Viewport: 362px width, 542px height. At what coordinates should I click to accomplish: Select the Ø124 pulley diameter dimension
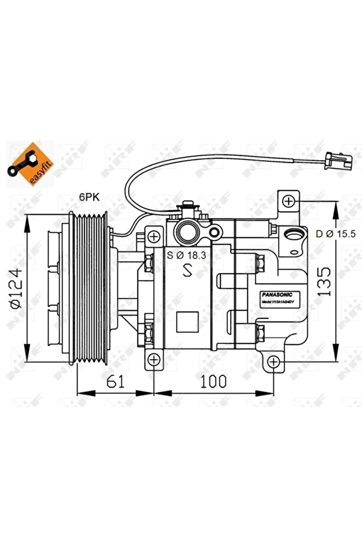tap(16, 289)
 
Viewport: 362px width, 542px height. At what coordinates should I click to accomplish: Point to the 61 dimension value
tap(115, 382)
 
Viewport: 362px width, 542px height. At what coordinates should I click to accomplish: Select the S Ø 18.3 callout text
tap(187, 254)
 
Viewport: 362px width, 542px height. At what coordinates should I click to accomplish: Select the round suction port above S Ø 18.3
tap(188, 232)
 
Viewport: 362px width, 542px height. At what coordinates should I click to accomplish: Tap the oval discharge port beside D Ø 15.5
tap(295, 236)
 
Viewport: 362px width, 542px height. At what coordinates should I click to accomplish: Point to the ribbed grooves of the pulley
tap(92, 289)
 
